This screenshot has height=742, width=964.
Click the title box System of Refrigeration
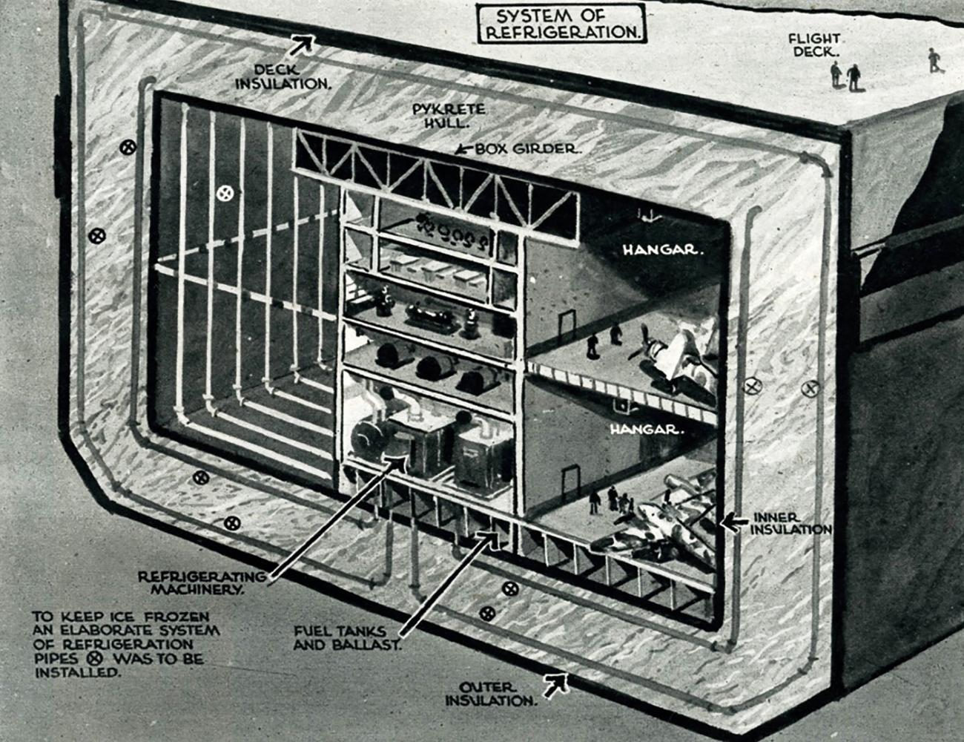pyautogui.click(x=561, y=24)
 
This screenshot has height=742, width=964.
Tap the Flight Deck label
pyautogui.click(x=814, y=45)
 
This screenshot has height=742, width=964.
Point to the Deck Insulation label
pyautogui.click(x=283, y=76)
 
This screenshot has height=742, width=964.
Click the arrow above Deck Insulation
pyautogui.click(x=302, y=45)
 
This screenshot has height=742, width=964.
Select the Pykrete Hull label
pyautogui.click(x=449, y=116)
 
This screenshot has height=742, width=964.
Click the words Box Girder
pyautogui.click(x=527, y=148)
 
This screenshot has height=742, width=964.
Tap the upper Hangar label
pyautogui.click(x=663, y=250)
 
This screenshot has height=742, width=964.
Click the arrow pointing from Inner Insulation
pyautogui.click(x=734, y=522)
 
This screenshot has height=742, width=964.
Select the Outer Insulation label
pyautogui.click(x=491, y=694)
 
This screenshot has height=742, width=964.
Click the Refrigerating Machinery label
pyautogui.click(x=202, y=582)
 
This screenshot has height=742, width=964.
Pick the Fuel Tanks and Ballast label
pyautogui.click(x=347, y=637)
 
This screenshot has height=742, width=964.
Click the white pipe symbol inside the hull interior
pyautogui.click(x=225, y=194)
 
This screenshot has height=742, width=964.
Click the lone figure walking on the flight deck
pyautogui.click(x=935, y=60)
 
